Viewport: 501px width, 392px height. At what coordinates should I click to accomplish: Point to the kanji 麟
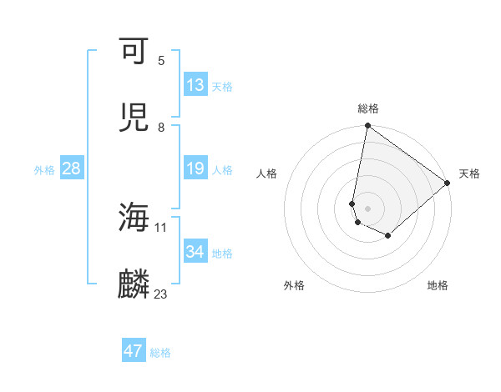134,284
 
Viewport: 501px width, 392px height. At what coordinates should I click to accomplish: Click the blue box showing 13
195,85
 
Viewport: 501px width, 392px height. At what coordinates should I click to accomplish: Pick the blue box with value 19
195,169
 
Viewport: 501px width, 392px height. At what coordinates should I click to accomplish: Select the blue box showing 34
195,252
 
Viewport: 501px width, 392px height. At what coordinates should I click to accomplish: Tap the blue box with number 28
71,169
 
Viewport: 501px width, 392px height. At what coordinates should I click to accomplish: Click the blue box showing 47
134,351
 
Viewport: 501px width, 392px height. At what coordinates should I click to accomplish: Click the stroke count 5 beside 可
161,60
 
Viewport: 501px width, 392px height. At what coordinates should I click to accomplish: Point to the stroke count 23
161,294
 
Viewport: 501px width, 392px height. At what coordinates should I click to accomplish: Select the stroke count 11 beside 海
161,227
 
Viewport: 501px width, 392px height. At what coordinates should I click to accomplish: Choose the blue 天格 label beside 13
222,87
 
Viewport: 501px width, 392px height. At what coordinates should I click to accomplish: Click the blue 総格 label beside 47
160,353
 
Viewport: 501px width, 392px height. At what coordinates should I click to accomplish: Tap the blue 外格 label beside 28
44,170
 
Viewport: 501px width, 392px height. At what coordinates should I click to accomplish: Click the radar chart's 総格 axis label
368,108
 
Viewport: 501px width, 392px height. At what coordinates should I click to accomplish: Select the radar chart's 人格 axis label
268,173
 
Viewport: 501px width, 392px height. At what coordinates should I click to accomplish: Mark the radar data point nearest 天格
448,183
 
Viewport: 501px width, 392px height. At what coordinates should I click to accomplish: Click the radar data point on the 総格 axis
367,127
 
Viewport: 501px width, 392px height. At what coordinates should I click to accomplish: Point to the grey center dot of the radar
367,209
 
